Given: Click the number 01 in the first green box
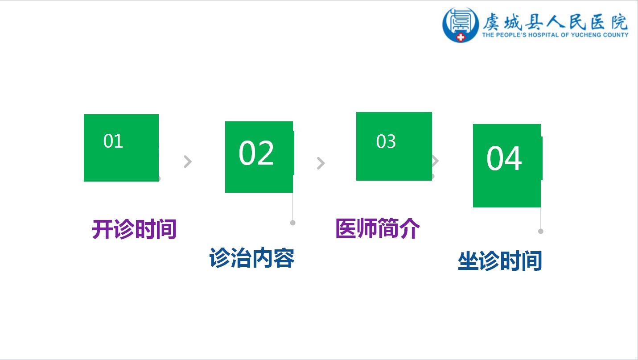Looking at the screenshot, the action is tap(113, 141).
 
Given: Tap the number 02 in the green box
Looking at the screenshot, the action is tap(256, 153).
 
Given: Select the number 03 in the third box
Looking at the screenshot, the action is tap(386, 141).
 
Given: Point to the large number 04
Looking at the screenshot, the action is tap(504, 158).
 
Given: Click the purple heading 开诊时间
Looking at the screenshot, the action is tap(134, 229).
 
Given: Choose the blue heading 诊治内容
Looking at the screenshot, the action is tap(252, 258).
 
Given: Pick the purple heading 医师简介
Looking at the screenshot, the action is tap(378, 228).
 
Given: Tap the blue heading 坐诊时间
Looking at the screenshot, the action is tap(500, 261).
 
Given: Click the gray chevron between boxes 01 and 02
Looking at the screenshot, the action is tap(188, 161).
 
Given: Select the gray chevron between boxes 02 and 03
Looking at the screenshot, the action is tap(321, 163).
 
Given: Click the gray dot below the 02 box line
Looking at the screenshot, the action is tap(292, 223).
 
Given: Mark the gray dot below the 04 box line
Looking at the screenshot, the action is tap(541, 231).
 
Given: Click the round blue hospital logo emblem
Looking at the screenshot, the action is tap(460, 25).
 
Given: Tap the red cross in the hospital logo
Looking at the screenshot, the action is tap(460, 37).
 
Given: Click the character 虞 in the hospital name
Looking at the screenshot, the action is tap(491, 22).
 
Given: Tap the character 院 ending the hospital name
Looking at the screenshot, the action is tap(619, 22).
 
